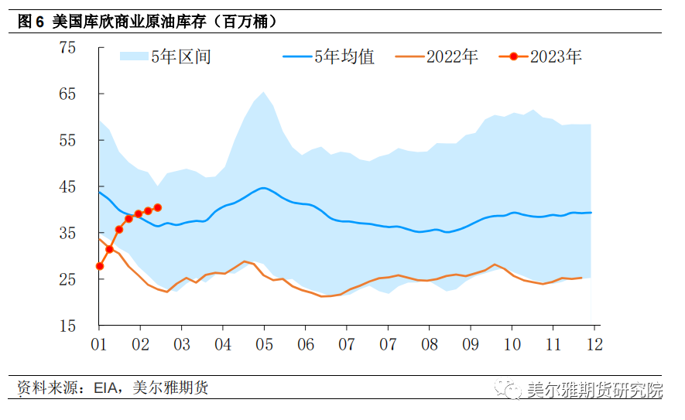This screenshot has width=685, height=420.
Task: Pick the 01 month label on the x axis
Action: [99, 343]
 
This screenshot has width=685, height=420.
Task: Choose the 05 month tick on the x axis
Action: [263, 343]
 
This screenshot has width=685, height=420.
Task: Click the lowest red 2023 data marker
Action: [100, 266]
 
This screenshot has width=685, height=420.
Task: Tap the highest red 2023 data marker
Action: [158, 207]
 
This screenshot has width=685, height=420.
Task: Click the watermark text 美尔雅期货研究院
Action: [594, 390]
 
